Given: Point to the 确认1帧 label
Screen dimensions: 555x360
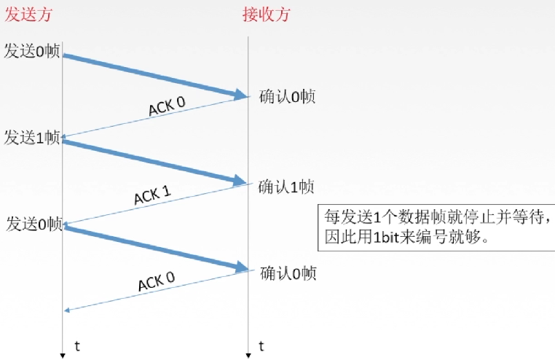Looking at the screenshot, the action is [286, 187].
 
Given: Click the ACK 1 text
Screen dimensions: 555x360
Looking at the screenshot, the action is [153, 195].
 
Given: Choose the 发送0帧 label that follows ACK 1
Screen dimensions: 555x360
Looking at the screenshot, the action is [34, 224].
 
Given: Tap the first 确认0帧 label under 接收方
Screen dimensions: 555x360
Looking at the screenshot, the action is [287, 96].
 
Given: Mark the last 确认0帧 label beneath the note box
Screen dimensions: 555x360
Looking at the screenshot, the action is [288, 273].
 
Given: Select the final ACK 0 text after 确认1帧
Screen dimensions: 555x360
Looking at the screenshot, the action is [156, 281].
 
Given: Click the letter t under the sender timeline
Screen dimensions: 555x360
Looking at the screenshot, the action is [76, 344].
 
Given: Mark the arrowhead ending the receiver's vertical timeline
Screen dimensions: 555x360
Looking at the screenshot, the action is [248, 356].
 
